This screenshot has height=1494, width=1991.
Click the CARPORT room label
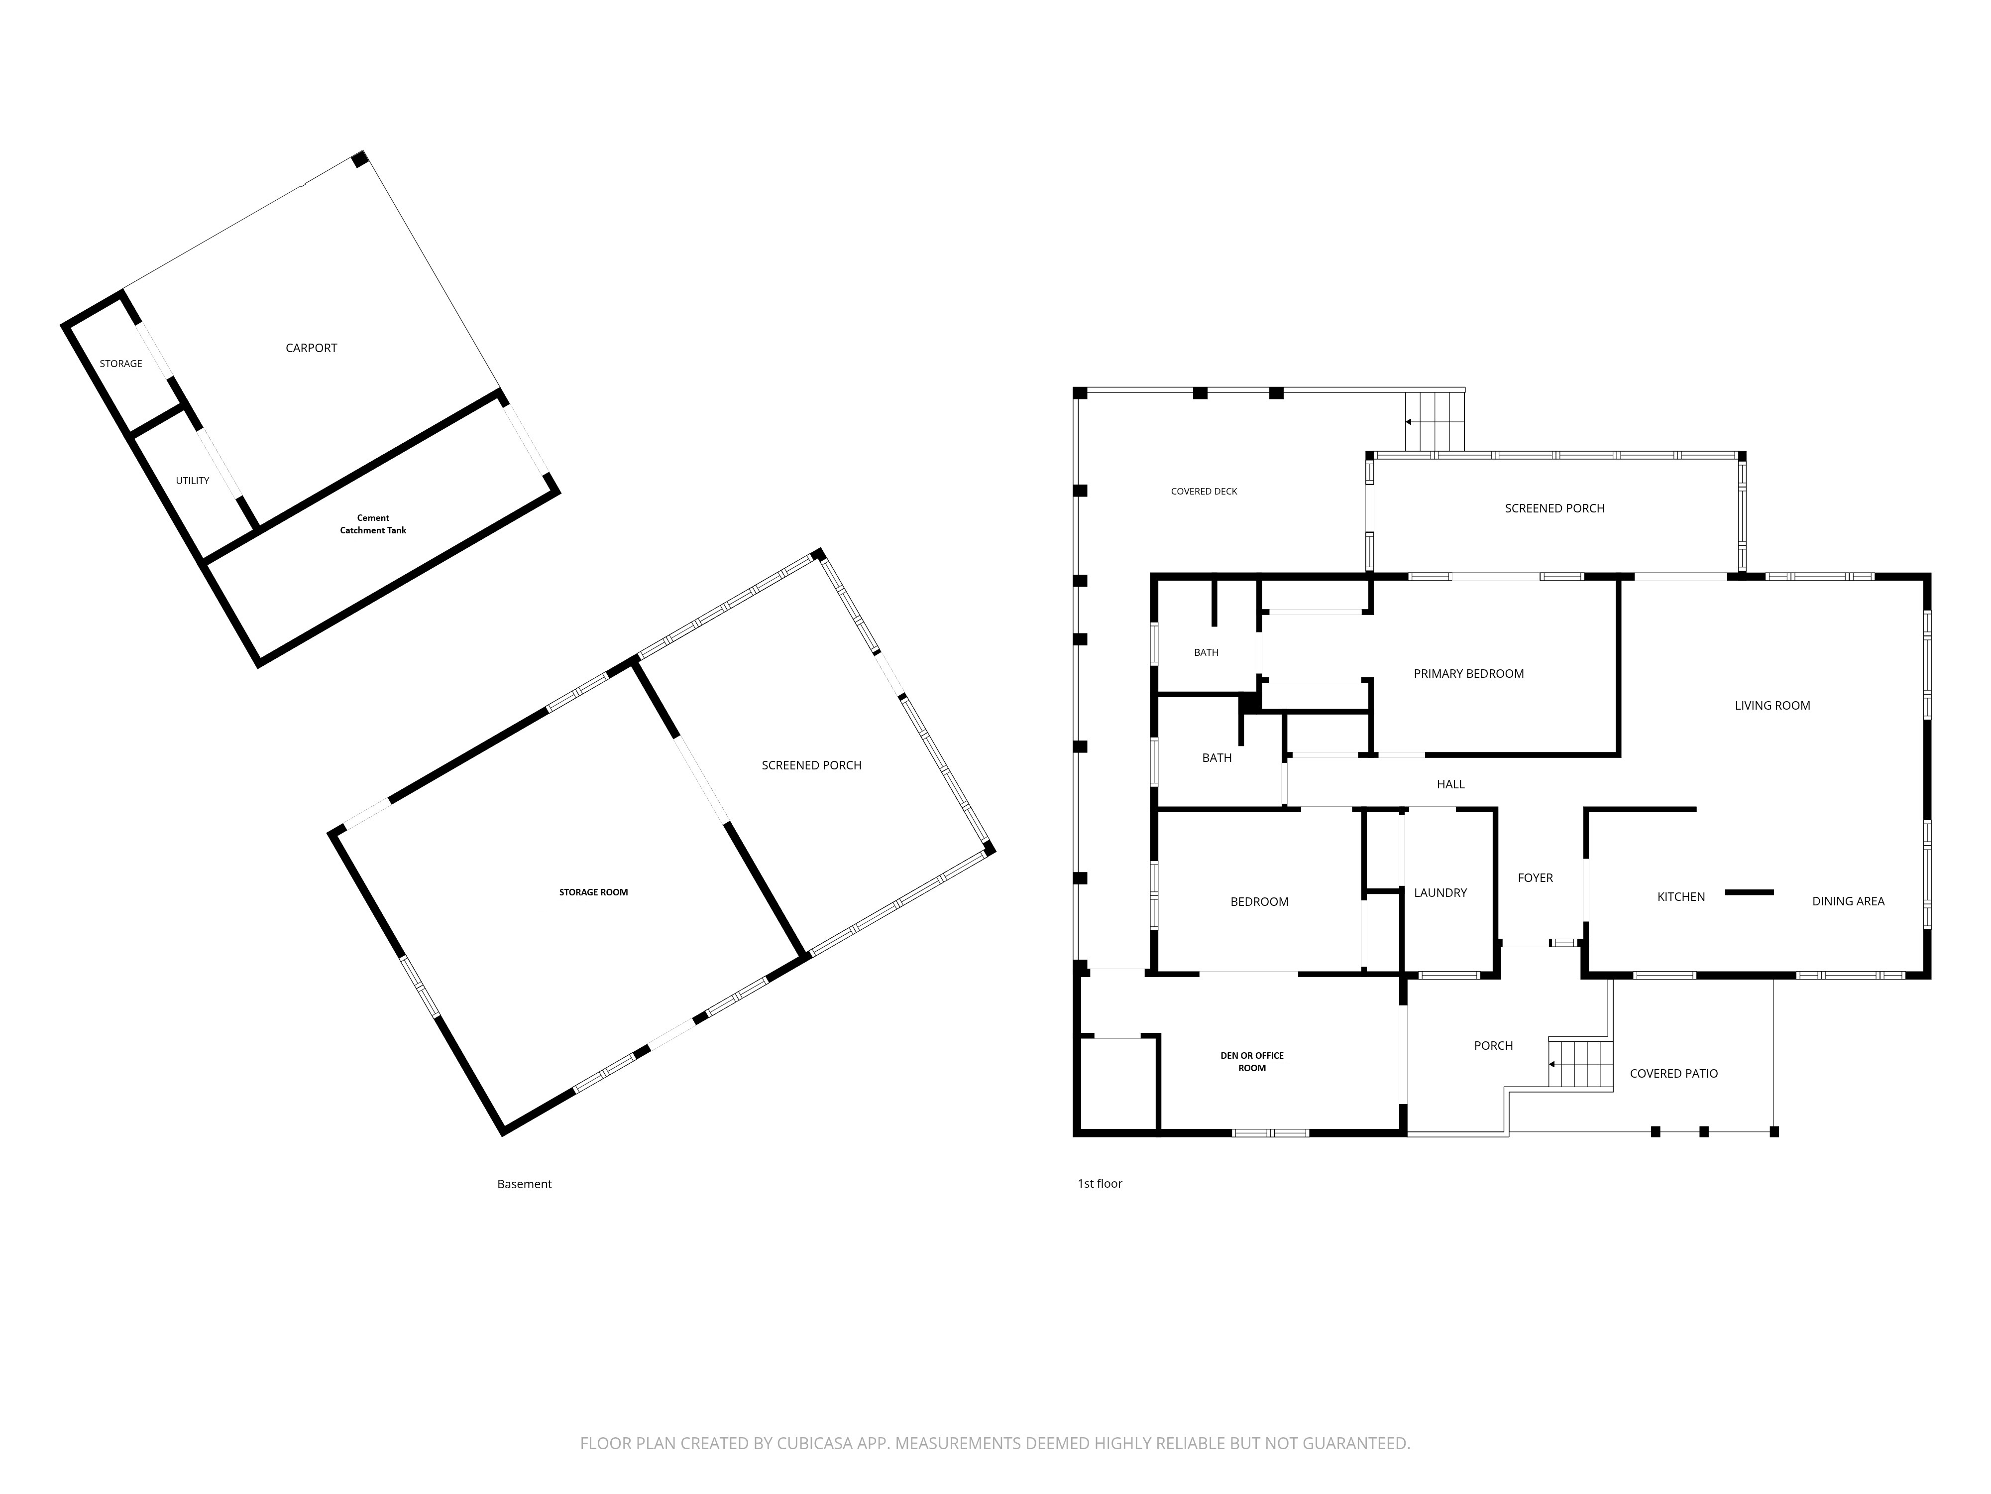(312, 348)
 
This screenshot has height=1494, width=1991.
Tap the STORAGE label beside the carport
(120, 364)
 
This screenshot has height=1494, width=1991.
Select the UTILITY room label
(193, 481)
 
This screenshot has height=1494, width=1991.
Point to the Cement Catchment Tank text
(373, 524)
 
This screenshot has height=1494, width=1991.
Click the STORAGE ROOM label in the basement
(594, 892)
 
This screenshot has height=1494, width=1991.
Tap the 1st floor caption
(1100, 1183)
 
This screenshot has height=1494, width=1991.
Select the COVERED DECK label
(1205, 492)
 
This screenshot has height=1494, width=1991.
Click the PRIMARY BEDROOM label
(1469, 674)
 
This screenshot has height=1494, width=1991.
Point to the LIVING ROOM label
(1772, 706)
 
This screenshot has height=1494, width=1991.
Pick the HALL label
(1451, 784)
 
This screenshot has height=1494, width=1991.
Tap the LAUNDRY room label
(1440, 892)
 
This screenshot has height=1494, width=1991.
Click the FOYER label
(1536, 878)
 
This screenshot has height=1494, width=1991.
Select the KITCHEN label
(1681, 897)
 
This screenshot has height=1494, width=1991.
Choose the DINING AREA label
(1848, 901)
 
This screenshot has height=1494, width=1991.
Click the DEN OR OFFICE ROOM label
(1252, 1062)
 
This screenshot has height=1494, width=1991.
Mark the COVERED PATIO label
(1674, 1074)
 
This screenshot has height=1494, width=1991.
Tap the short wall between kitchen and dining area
(1749, 892)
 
